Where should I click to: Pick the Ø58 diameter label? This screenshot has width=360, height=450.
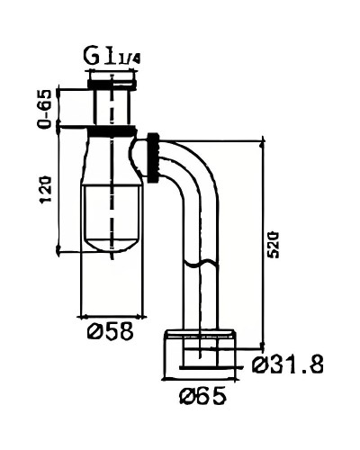click(106, 330)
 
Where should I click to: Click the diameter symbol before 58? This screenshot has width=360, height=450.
click(90, 330)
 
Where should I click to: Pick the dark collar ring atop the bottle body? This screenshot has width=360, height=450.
click(112, 131)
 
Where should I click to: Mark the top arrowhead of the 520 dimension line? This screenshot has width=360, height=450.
click(262, 141)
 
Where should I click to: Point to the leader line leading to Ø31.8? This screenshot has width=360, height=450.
click(229, 365)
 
